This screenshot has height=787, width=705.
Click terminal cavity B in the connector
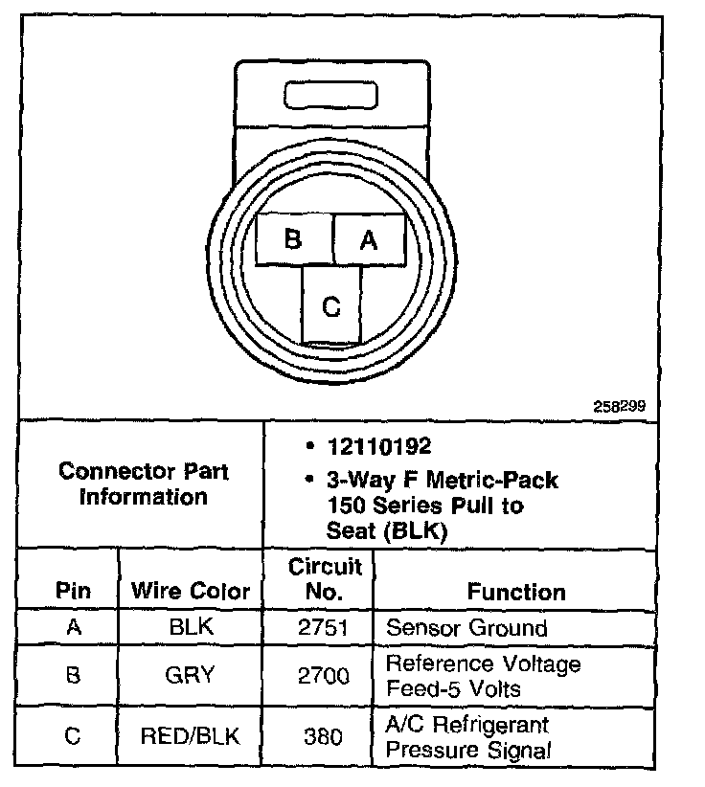click(x=294, y=238)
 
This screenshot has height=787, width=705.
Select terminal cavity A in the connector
click(x=369, y=239)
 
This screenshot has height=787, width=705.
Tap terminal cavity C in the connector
click(x=331, y=305)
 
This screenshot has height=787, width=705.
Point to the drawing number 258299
click(x=620, y=405)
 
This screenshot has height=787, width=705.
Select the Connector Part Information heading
click(x=144, y=483)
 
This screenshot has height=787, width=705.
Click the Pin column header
click(x=73, y=591)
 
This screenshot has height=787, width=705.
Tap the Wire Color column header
click(x=191, y=591)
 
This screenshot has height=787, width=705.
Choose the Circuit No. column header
click(x=326, y=578)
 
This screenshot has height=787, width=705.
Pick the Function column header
click(x=516, y=592)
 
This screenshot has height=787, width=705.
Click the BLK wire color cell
click(x=190, y=628)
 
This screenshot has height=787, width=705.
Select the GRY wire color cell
click(x=190, y=675)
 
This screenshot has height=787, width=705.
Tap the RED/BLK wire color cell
click(x=190, y=735)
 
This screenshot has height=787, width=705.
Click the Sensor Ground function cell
click(x=466, y=628)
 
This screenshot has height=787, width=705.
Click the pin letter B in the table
click(x=73, y=675)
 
